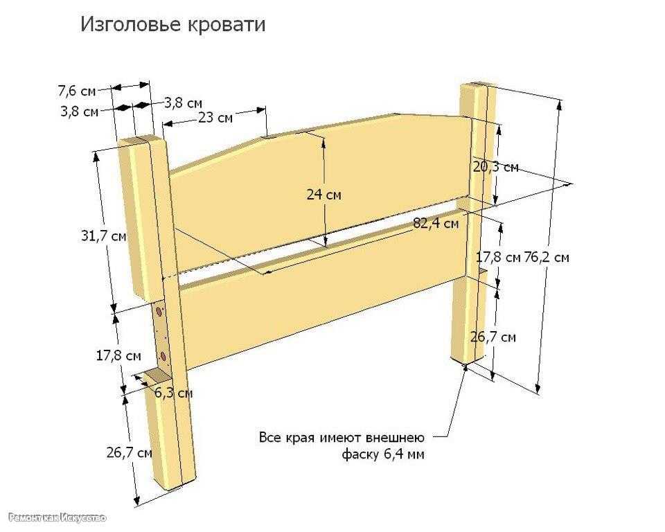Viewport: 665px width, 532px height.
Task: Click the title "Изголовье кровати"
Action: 173,25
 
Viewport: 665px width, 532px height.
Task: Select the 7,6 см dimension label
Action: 77,91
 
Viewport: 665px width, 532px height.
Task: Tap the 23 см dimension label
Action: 215,118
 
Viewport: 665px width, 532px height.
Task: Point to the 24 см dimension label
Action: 323,195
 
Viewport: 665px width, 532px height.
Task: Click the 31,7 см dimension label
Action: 104,236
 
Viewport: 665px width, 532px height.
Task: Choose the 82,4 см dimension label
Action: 436,223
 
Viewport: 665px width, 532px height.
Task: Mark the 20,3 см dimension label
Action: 496,167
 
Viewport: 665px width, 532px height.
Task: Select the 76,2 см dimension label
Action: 547,258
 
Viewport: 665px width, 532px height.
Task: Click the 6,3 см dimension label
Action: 173,393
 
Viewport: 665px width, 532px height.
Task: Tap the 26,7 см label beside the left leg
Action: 129,453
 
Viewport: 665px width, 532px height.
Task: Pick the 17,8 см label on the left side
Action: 118,355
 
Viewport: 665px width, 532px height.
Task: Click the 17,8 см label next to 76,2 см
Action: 498,258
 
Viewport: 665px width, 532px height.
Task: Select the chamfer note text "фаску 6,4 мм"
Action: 383,455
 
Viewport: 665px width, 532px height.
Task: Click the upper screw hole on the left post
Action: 159,312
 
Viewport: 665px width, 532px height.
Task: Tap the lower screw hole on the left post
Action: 163,356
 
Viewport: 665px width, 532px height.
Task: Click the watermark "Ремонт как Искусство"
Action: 57,517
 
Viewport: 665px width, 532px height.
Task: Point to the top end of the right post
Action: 479,85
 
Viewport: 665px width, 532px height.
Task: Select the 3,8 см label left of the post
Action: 79,112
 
